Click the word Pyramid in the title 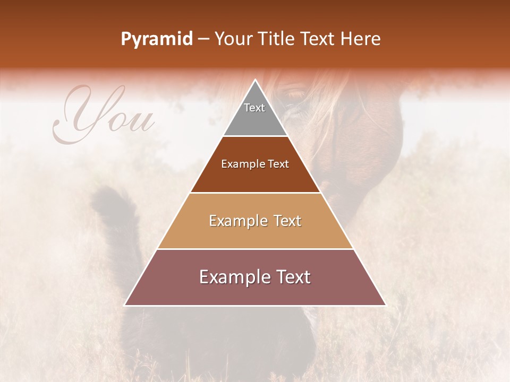pos(156,39)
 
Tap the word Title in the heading pos(278,39)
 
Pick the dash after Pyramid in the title pos(203,39)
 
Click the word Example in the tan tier pos(237,221)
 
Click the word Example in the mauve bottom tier pos(232,277)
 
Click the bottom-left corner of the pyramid pos(125,305)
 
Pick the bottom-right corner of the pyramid pos(385,305)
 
